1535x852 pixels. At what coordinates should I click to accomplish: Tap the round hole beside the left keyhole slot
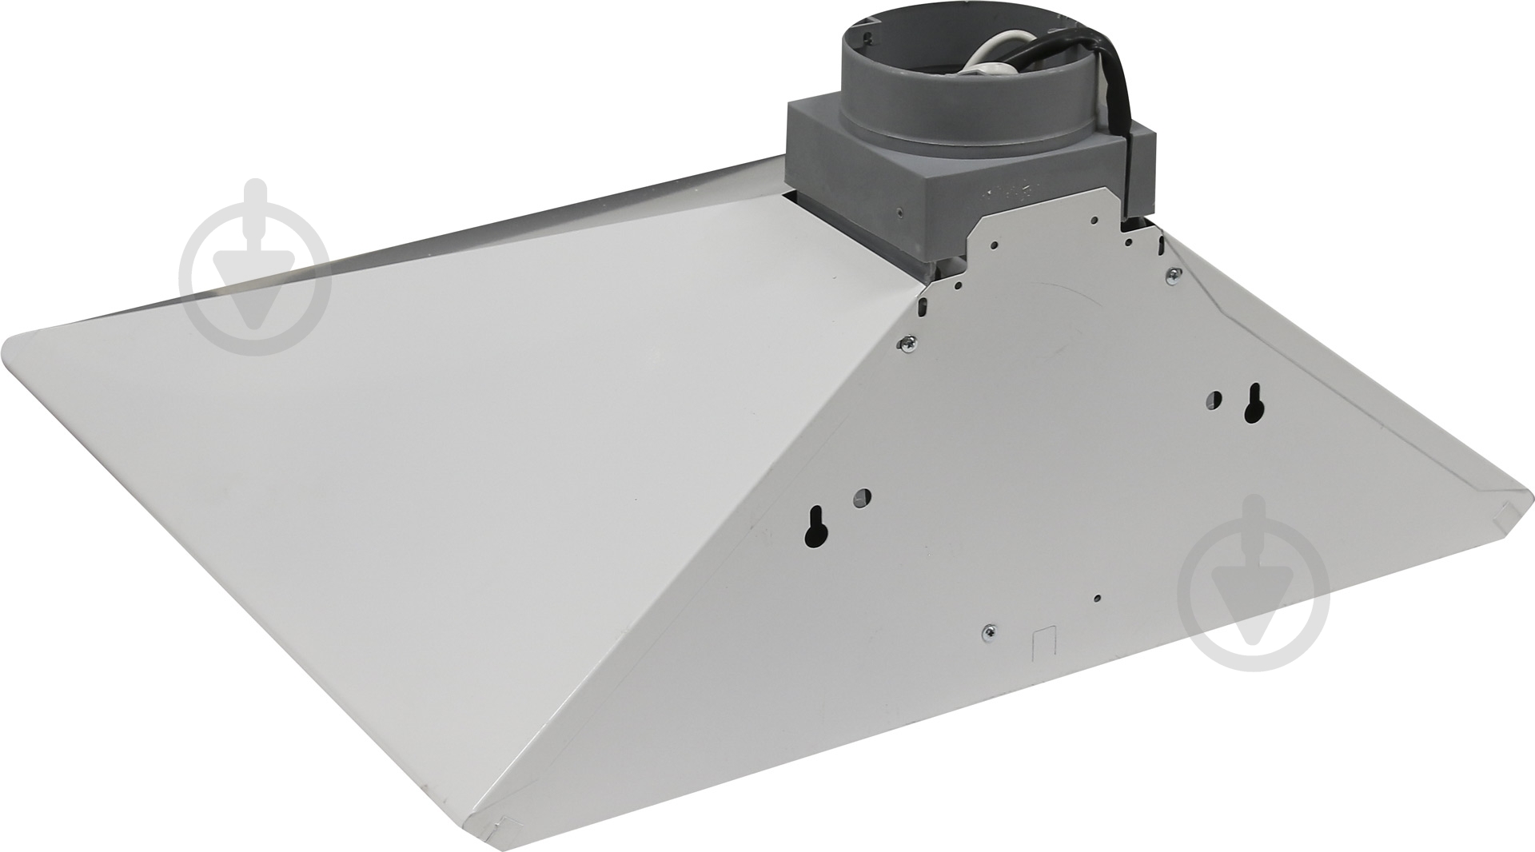coord(862,497)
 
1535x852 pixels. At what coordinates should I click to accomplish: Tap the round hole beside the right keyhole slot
coord(1215,397)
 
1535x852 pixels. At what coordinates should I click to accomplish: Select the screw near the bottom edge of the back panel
coord(989,631)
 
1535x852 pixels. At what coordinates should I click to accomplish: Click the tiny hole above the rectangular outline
coord(1098,598)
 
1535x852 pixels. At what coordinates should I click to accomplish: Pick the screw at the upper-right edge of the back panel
coord(1172,273)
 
